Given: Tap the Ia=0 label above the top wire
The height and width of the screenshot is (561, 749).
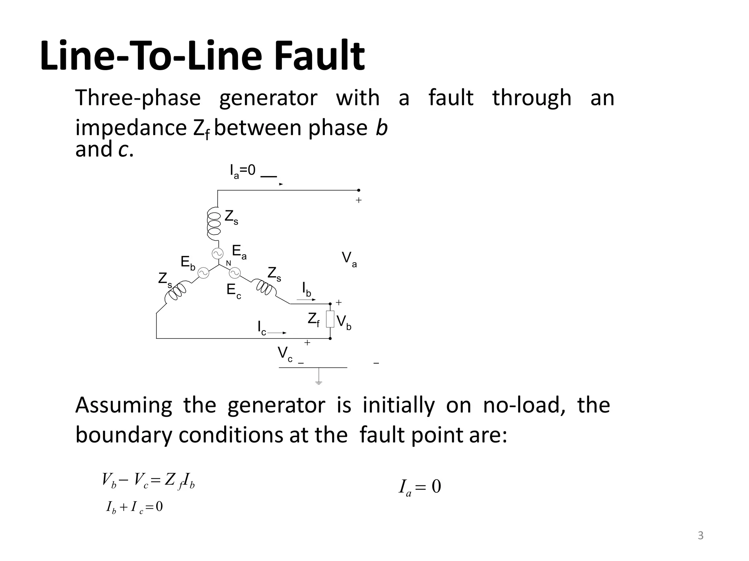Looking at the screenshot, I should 242,171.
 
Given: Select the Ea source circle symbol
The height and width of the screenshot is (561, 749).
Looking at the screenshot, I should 218,253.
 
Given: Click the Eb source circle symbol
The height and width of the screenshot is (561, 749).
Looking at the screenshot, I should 203,272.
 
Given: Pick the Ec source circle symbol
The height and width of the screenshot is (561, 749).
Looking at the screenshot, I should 234,273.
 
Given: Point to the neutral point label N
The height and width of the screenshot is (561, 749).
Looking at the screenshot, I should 228,263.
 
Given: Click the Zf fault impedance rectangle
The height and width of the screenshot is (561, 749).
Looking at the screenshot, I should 330,319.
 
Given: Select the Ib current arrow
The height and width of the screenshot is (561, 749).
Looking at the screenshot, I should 306,300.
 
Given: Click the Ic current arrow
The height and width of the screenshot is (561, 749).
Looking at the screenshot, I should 277,333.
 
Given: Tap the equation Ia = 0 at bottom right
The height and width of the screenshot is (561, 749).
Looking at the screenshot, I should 420,487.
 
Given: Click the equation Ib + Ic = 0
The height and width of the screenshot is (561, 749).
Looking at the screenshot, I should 134,507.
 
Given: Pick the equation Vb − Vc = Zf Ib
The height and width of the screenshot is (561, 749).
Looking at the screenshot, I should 148,480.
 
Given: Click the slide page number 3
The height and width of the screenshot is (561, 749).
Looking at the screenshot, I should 700,536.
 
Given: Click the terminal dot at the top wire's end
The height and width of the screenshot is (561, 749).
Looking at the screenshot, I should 358,190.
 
